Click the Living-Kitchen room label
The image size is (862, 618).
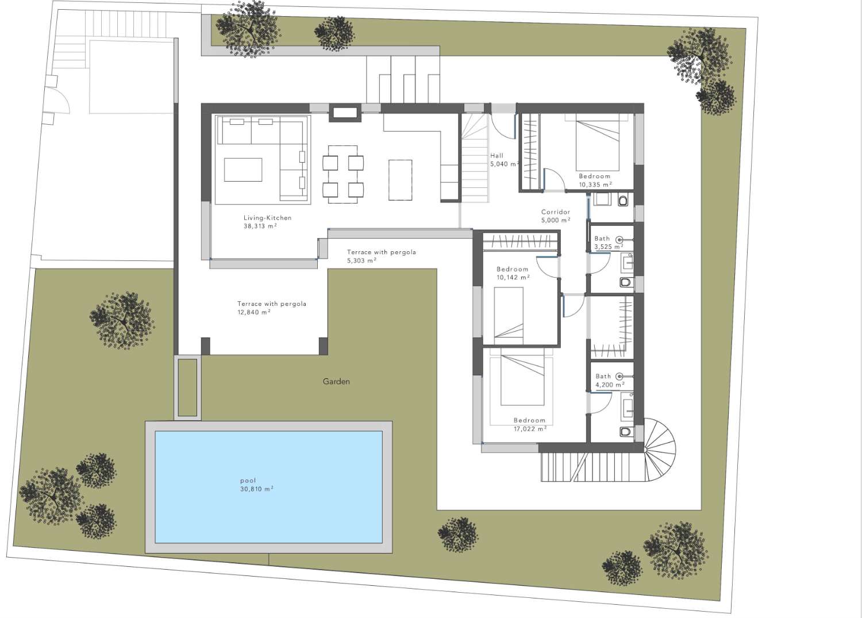pos(267,218)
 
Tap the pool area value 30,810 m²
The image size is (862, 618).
pos(256,489)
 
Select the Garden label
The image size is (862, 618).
pos(336,382)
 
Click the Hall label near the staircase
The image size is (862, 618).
pos(497,156)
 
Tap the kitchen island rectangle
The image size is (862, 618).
pos(400,180)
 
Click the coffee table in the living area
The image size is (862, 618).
pos(243,170)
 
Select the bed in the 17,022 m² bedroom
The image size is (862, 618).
pos(522,379)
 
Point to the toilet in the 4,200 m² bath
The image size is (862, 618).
pos(625,431)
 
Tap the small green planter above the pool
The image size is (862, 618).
pos(187,387)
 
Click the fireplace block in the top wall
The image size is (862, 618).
pos(345,112)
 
